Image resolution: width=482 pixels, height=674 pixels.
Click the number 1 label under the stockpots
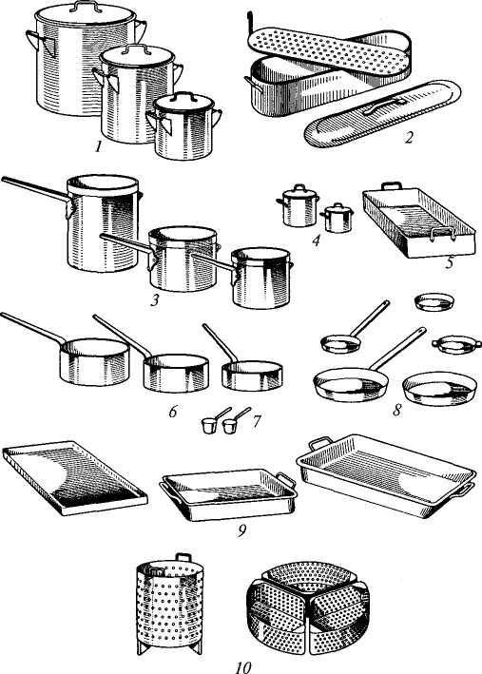[99, 147]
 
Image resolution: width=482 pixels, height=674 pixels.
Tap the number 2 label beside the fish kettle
[409, 138]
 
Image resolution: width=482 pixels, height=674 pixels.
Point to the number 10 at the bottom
[243, 667]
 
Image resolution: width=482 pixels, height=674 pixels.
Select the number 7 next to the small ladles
[256, 421]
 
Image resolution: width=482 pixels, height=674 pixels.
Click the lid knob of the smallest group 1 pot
[183, 95]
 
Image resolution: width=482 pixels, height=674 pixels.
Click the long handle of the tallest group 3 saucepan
[35, 187]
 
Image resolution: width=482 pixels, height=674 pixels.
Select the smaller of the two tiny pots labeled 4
[337, 218]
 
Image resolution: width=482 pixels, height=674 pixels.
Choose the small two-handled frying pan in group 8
[456, 343]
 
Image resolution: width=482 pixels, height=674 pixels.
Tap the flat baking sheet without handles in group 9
[74, 477]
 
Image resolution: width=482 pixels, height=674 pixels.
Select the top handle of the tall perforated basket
[183, 557]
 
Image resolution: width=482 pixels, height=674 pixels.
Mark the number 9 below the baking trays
[242, 531]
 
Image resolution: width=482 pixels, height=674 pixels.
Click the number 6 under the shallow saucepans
[173, 412]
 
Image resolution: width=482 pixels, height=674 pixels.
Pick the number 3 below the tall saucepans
[155, 299]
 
